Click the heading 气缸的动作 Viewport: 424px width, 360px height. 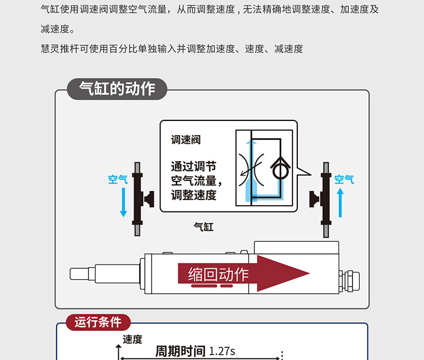117,89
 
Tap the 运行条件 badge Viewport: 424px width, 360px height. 98,322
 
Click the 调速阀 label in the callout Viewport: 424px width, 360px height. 186,140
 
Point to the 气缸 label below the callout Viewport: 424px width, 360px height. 204,226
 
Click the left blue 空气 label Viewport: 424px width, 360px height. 118,180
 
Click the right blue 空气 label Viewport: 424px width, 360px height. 344,180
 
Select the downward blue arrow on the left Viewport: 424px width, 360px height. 123,203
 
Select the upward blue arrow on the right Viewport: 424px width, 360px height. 340,203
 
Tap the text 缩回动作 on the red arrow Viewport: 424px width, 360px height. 218,274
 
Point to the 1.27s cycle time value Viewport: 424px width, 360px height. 222,352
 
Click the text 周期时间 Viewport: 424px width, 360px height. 180,352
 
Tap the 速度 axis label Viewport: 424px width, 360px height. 132,339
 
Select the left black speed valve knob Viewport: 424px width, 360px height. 149,199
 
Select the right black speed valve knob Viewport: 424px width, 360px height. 314,199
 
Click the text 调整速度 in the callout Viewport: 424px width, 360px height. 193,195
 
